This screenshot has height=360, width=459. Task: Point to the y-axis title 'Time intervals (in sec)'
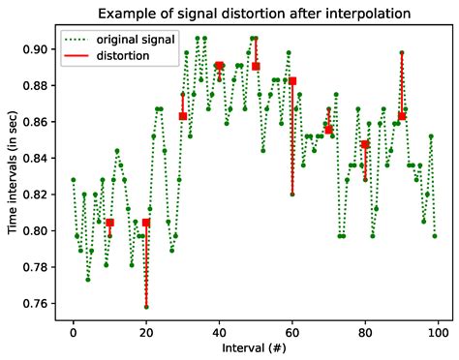click(x=13, y=170)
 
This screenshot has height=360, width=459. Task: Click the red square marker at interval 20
click(x=146, y=223)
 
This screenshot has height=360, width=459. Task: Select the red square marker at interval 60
click(x=292, y=81)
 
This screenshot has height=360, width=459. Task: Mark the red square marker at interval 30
click(x=183, y=116)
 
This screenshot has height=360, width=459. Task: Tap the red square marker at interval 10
click(x=109, y=223)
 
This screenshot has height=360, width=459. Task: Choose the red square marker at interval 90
click(x=402, y=116)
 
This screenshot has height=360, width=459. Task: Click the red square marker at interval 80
click(x=365, y=144)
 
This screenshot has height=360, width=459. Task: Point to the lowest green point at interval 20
click(x=146, y=307)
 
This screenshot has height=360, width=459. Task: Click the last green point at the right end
click(x=435, y=235)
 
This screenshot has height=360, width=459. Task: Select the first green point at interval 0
click(x=73, y=180)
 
